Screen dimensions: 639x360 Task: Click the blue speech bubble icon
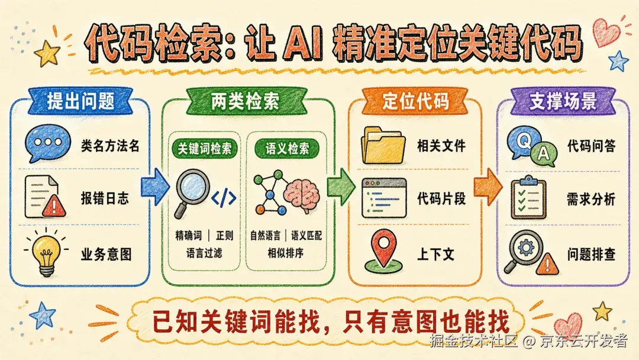47,143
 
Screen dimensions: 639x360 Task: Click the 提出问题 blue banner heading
80,101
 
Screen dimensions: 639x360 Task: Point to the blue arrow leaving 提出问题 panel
155,187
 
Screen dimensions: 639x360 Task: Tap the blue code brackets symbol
224,198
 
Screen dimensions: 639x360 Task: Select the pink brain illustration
302,197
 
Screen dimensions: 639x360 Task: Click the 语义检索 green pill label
287,149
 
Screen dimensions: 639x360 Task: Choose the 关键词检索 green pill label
204,149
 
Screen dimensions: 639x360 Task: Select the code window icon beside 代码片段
384,198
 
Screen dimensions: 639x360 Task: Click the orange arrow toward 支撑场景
488,187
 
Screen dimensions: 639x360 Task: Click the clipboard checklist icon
528,198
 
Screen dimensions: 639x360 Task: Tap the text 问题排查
591,255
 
